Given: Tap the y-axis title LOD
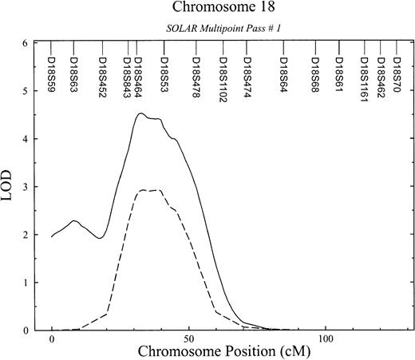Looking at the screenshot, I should pos(10,188).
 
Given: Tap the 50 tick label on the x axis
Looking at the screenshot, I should pos(188,338).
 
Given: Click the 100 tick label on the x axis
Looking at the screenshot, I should pos(326,338).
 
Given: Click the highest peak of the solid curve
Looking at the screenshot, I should pos(140,113).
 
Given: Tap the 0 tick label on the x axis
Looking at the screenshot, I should pos(52,338).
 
